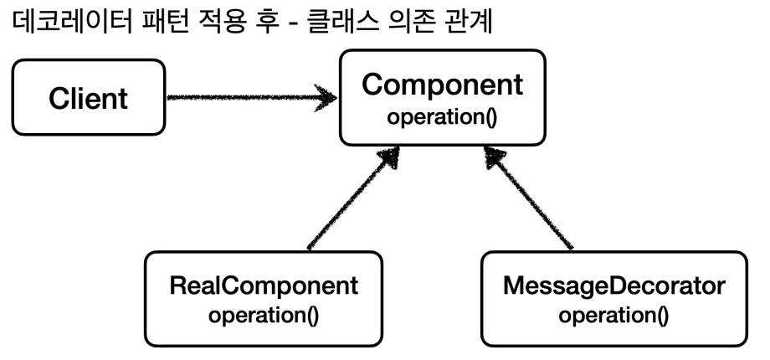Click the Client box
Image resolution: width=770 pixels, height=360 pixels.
(88, 98)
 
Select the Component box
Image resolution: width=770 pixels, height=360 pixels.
(442, 99)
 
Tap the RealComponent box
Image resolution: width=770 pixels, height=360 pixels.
(264, 298)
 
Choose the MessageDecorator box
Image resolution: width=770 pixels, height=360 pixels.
(614, 298)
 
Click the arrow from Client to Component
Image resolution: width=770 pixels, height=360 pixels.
(243, 96)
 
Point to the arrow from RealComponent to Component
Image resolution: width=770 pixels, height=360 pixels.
(352, 201)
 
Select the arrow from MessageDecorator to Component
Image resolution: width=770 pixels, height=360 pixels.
(531, 201)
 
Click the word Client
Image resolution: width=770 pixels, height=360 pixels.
(88, 98)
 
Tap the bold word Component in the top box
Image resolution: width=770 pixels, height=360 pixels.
(442, 86)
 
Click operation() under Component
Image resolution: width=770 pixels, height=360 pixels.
(442, 116)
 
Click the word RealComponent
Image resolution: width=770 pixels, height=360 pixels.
(264, 286)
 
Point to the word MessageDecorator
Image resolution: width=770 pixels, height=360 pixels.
(614, 286)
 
